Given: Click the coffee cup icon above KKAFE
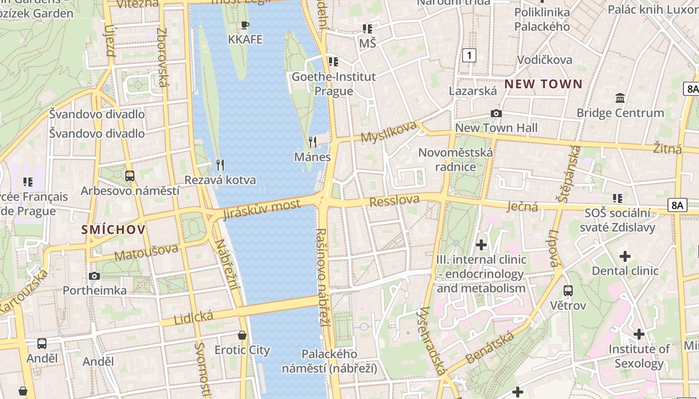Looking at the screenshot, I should coord(245,25).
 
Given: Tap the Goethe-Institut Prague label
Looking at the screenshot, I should coord(334,84).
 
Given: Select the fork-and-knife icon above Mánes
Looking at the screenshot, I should coord(313,142).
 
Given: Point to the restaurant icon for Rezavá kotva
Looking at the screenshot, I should coord(220,165).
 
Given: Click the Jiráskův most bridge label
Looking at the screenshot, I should coord(262,209).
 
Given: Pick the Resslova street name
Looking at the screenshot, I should coord(394,200).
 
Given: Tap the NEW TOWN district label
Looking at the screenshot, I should coord(543,84).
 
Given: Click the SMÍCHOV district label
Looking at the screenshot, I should coord(114,229).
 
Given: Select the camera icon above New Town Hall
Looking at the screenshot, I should coord(496,114).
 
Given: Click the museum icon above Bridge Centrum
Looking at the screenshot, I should coord(620,98).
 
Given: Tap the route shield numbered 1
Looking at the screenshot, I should coord(469,55).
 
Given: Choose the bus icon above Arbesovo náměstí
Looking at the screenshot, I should coord(130,176).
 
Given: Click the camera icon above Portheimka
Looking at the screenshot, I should coord(94,276).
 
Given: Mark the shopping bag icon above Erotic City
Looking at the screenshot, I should coord(242,335).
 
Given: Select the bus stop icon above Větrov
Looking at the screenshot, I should coord(568,290).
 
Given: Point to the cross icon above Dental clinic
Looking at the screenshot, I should coord(625,256).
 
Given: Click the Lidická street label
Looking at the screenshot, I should coord(194,317).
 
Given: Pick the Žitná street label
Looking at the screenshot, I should coord(668,147).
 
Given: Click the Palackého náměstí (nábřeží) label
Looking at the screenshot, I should coord(330,361).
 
